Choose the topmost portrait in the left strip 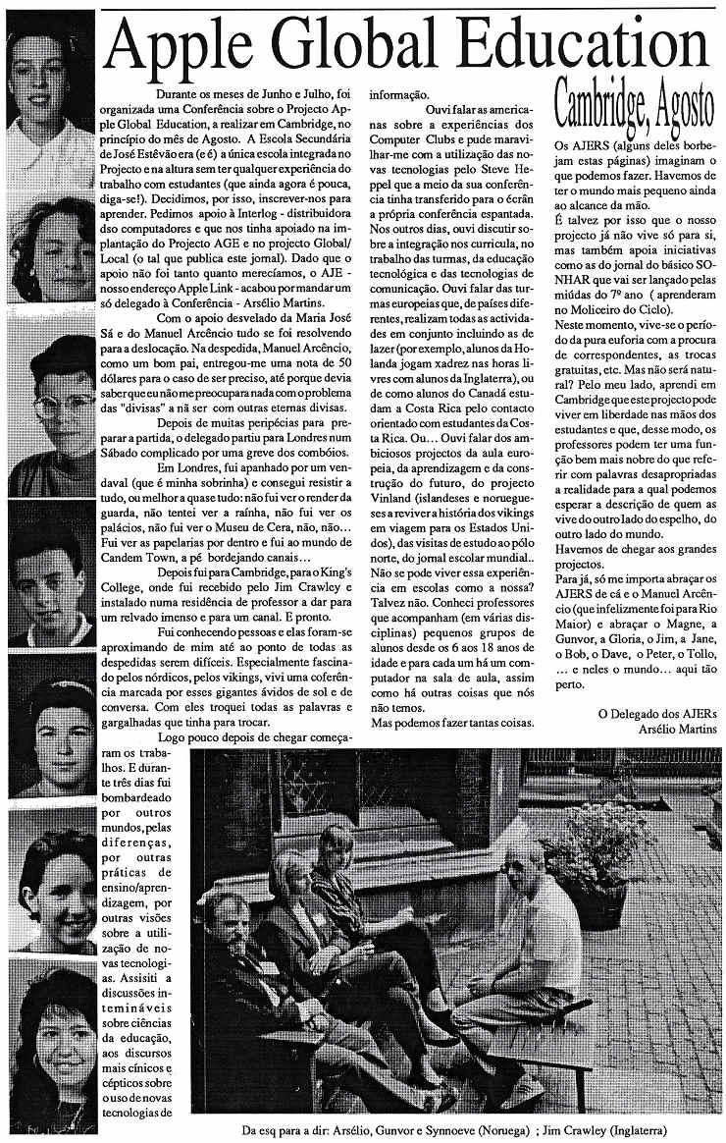52,75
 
